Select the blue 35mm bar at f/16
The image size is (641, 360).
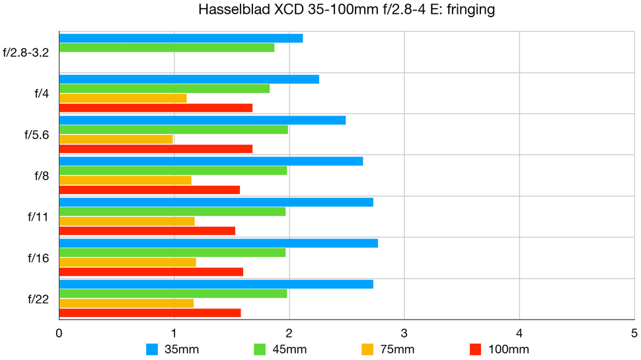218,243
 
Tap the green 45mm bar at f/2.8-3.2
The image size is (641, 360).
167,48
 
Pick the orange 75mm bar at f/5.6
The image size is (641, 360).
116,139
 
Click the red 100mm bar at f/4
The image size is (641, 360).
156,108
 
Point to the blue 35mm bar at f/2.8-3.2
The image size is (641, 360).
181,38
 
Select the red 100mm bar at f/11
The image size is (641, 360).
147,231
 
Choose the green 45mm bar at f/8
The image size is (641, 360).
173,170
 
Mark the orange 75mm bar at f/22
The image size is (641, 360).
126,303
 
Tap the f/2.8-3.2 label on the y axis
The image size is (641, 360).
26,52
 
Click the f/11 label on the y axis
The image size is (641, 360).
38,217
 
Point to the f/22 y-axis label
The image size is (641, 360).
38,299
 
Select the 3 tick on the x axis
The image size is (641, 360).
404,334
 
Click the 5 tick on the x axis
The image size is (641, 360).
634,334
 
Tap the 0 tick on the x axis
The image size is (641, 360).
59,334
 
